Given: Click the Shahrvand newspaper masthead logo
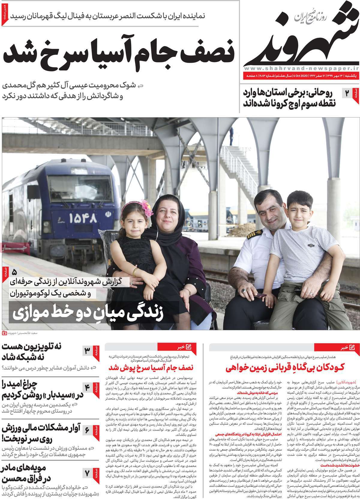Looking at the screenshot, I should click(x=300, y=36).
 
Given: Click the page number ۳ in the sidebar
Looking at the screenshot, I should click(x=87, y=350).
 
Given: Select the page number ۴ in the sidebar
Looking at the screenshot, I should click(x=87, y=387).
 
